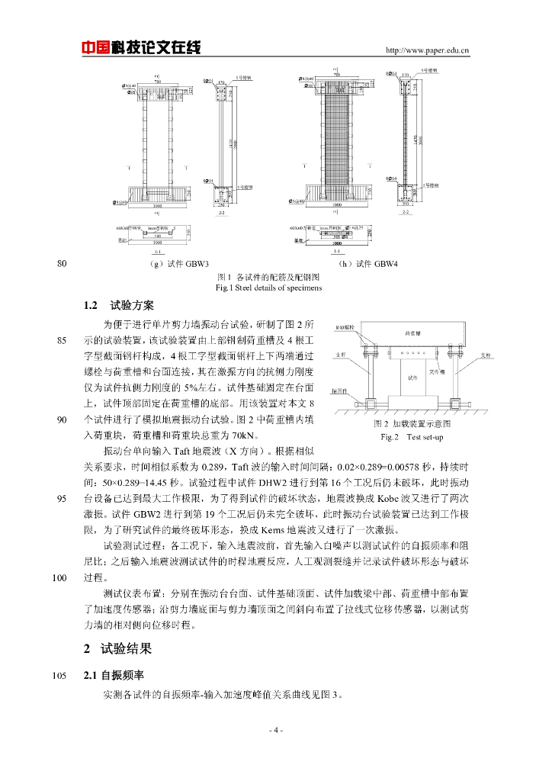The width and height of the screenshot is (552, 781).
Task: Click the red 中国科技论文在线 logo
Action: (141, 47)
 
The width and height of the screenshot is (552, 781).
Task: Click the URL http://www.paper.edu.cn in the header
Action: (428, 51)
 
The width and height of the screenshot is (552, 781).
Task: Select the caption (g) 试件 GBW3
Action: (180, 265)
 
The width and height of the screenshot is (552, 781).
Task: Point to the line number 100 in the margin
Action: (61, 577)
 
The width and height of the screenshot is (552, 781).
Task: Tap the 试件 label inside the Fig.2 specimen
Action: (412, 377)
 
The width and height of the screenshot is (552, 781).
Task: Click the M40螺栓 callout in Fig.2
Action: (345, 327)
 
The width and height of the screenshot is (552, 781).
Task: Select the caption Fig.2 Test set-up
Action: (412, 437)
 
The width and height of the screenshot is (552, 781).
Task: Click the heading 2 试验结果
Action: (117, 649)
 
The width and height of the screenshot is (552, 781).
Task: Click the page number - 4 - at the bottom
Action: (276, 731)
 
